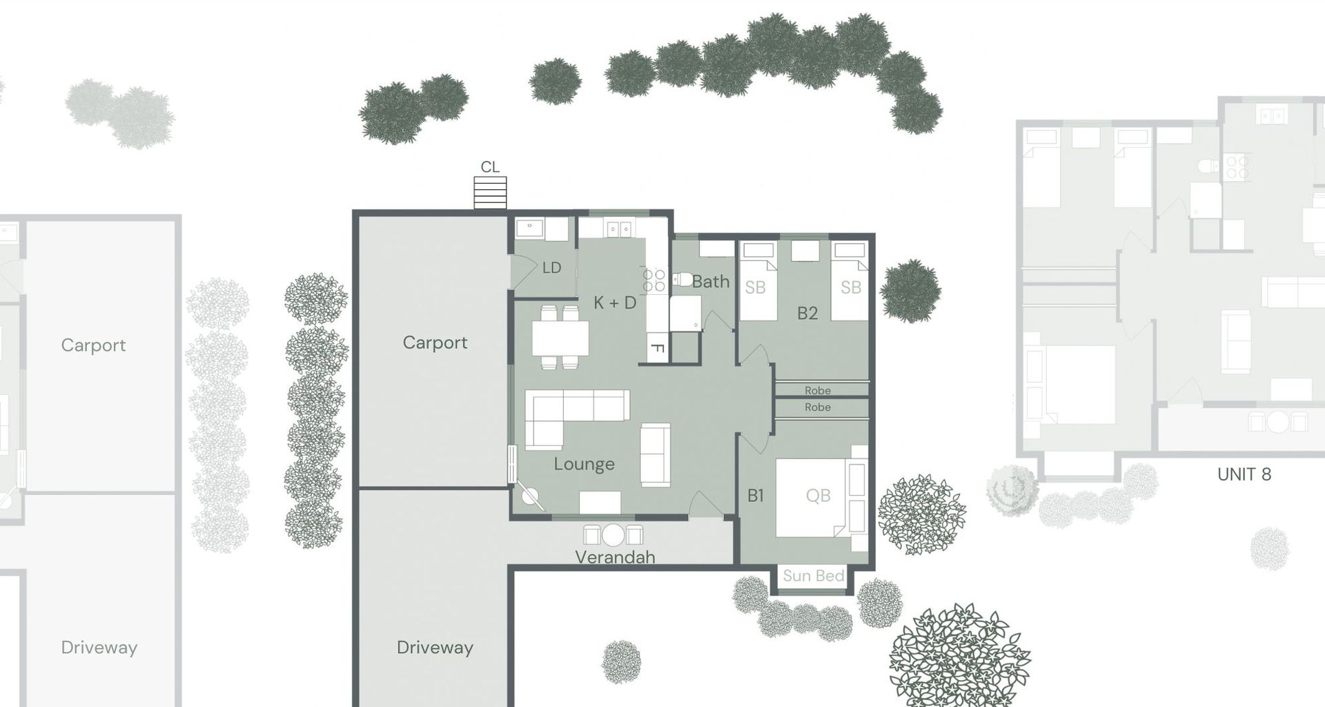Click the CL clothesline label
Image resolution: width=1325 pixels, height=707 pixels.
tap(490, 167)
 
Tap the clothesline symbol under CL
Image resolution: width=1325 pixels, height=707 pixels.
tap(490, 193)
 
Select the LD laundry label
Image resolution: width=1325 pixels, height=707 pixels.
tap(551, 268)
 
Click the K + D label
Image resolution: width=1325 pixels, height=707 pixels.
tap(615, 302)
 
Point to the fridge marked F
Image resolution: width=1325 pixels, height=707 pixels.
tap(658, 349)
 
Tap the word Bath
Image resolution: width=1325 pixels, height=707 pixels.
tap(711, 282)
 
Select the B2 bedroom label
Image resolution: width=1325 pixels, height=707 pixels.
tap(807, 313)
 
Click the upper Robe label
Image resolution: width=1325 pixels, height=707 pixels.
tap(818, 391)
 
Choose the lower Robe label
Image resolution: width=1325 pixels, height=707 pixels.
tap(818, 407)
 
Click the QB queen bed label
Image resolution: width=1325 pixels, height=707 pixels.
tap(818, 496)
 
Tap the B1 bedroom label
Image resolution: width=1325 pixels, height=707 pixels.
tap(756, 496)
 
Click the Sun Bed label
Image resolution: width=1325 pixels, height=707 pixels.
tap(814, 576)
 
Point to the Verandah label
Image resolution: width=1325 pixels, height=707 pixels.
tap(615, 557)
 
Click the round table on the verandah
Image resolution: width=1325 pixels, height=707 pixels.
tap(613, 535)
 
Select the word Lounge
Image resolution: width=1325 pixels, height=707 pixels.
tap(584, 464)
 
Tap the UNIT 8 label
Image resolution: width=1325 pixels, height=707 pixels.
tap(1244, 475)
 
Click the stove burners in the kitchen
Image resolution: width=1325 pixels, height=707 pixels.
tap(654, 280)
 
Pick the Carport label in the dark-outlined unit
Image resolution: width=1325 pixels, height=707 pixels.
tap(435, 343)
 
